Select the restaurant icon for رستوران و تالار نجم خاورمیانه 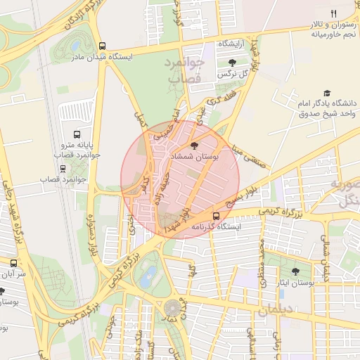(x=334, y=13)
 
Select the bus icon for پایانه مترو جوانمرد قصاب (x=77, y=134)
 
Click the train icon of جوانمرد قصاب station (x=63, y=168)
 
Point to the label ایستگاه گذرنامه (x=215, y=227)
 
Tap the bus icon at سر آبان (x=14, y=262)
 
